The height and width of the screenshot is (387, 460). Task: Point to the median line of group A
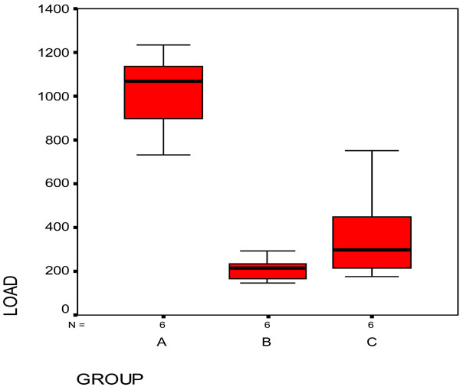[163, 81]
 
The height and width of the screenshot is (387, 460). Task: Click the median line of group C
[372, 250]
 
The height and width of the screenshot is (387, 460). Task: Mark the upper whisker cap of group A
[163, 44]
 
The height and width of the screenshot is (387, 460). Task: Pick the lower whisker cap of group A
[163, 155]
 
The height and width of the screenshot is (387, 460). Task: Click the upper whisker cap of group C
[372, 151]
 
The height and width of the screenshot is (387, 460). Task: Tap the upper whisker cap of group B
[268, 251]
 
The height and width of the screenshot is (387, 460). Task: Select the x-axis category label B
[267, 342]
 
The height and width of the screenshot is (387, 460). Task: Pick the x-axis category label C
[372, 342]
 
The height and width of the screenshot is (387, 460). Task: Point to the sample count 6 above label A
[163, 324]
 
